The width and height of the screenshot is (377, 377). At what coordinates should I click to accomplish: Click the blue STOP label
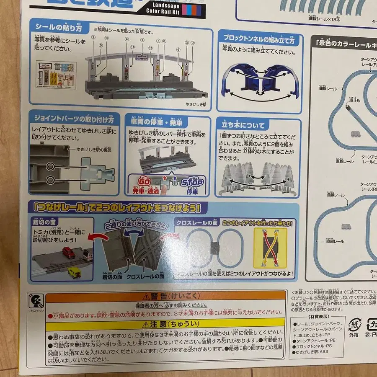click(x=192, y=183)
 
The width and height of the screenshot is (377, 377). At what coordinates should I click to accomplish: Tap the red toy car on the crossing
click(x=69, y=253)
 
